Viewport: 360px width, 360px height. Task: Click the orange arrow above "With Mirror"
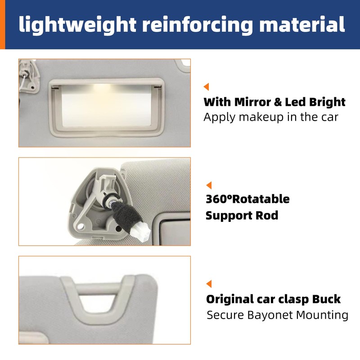[207, 87]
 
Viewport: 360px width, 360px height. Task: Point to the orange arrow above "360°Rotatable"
[208, 185]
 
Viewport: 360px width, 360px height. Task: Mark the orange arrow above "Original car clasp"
[208, 283]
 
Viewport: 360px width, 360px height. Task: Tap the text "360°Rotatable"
[247, 199]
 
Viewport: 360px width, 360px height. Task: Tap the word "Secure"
[225, 315]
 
